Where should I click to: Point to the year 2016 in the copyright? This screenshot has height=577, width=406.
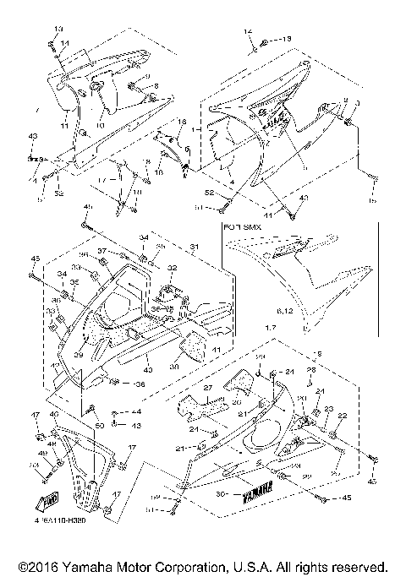39,565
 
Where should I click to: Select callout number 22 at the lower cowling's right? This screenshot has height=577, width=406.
343,416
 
